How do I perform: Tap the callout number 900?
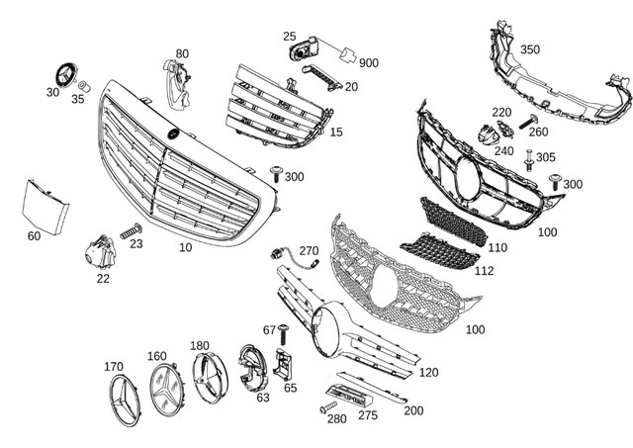click(369, 63)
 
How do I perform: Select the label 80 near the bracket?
click(182, 53)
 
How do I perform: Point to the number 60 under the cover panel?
click(34, 236)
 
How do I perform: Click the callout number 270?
click(309, 251)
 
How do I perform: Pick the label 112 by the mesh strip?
click(484, 270)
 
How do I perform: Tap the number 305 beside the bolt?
click(546, 157)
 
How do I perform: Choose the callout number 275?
click(367, 415)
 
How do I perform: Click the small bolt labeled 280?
click(326, 407)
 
